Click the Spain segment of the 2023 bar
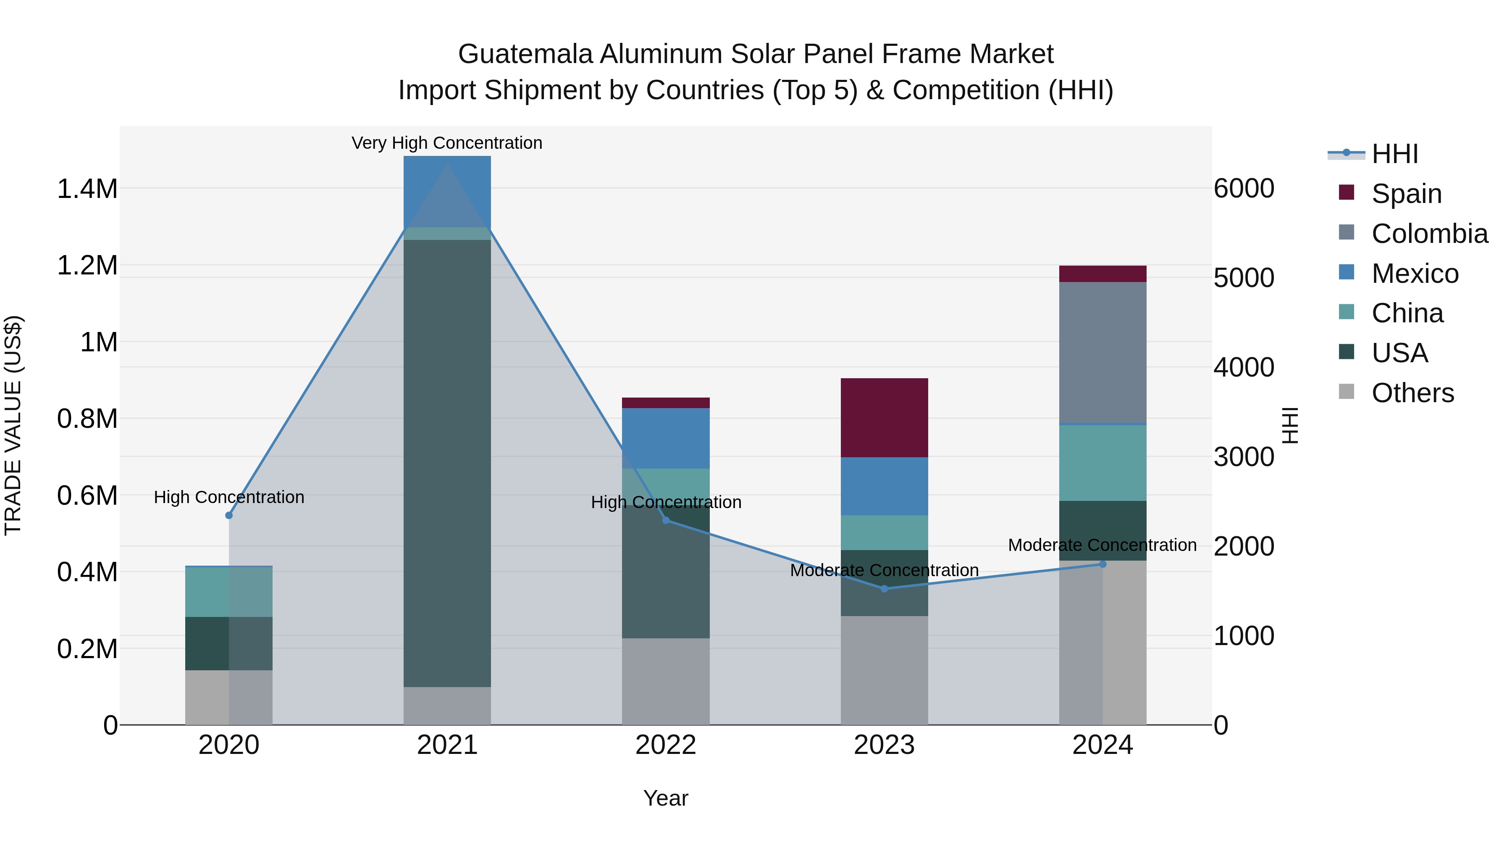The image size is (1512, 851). [x=884, y=418]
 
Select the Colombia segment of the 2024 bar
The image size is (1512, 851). [x=1102, y=353]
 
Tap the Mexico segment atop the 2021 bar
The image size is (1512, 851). [x=447, y=191]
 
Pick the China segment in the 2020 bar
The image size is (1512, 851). [x=228, y=591]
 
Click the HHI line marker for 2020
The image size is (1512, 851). [x=229, y=515]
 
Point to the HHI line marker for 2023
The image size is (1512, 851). [x=884, y=588]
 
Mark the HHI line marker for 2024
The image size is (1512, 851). [x=1102, y=564]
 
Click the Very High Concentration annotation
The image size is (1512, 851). [x=447, y=143]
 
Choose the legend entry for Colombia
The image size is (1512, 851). [x=1429, y=234]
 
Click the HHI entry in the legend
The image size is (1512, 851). [x=1394, y=154]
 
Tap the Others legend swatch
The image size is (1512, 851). [x=1347, y=392]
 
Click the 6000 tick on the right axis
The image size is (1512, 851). [x=1244, y=189]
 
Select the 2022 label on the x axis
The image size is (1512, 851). [x=666, y=745]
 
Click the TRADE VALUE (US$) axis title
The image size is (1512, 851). [x=13, y=425]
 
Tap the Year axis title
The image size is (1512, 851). [x=666, y=798]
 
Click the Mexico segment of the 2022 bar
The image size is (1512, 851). [x=666, y=438]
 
